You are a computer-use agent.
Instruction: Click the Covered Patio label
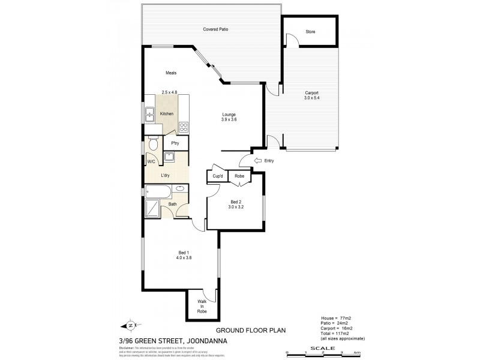215,29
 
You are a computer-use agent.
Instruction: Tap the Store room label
310,32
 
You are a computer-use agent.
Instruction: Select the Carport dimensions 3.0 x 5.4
311,98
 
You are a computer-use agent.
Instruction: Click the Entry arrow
259,160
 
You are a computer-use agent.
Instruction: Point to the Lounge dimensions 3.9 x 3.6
229,120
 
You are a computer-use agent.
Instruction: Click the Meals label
171,73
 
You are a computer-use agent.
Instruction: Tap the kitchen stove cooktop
184,127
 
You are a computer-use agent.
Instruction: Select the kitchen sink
149,113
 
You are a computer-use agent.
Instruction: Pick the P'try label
175,143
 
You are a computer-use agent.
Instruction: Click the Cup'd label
218,176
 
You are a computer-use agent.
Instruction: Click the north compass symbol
131,326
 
